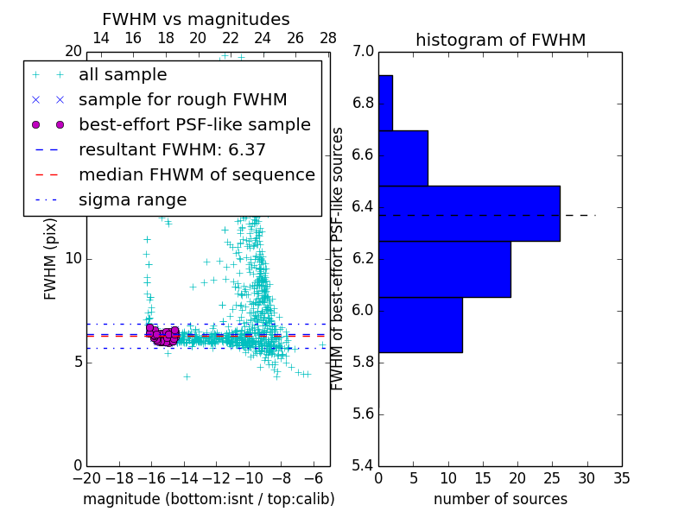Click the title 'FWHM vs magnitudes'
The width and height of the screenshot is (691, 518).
point(196,19)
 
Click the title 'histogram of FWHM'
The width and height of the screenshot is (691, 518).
point(500,40)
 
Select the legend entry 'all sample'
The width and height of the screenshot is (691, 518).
point(123,75)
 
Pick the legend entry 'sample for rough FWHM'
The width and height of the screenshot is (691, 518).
point(182,100)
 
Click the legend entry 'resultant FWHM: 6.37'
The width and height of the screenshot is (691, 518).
point(172,150)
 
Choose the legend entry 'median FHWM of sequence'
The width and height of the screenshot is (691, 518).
point(196,175)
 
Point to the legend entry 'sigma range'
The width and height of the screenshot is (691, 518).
point(132,200)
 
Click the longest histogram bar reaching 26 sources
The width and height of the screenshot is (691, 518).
point(469,213)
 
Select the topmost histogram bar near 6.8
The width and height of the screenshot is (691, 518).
point(385,103)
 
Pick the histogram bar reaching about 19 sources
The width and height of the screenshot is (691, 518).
point(444,269)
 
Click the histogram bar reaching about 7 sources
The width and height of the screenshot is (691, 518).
point(403,158)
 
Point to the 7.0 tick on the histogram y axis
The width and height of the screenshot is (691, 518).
point(363,52)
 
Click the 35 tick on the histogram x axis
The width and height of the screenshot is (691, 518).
point(621,478)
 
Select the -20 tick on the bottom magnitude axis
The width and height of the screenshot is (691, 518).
point(86,478)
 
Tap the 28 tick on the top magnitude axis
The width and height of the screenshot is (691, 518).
point(328,38)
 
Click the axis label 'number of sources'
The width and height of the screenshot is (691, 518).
point(500,499)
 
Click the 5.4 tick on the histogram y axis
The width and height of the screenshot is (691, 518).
point(363,465)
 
